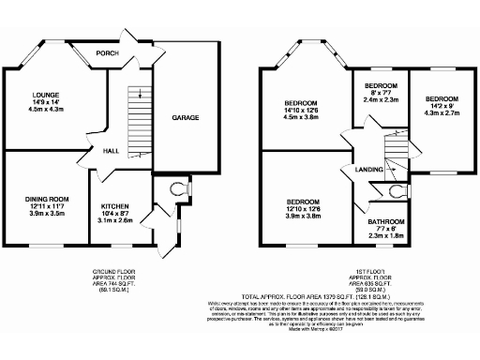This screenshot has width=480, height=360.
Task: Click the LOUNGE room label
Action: [47, 96]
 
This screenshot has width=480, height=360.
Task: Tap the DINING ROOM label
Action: [47, 199]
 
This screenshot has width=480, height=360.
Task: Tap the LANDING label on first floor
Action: [367, 169]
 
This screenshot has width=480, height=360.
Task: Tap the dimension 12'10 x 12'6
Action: [303, 209]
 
